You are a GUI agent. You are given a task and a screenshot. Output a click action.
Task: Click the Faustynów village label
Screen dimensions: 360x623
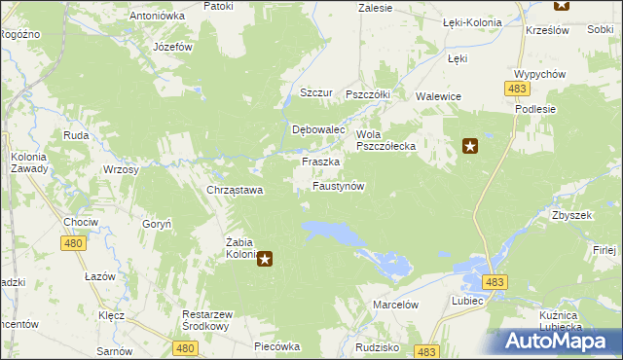(338, 185)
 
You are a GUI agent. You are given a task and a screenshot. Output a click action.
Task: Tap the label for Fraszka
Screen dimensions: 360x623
(320, 162)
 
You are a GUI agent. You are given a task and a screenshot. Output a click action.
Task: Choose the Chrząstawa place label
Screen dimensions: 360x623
(235, 191)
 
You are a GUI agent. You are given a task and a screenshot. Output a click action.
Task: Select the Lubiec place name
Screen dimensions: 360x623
(467, 301)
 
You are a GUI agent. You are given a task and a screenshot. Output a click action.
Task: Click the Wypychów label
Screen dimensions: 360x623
(540, 75)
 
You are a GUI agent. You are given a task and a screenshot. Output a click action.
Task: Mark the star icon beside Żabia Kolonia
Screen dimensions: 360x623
(264, 259)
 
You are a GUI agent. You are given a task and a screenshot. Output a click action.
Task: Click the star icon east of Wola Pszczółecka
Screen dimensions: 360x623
(470, 147)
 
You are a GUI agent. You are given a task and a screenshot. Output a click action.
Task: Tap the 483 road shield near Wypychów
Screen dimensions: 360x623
(517, 89)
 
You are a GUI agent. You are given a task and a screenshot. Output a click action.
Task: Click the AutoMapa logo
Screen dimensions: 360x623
(561, 341)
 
